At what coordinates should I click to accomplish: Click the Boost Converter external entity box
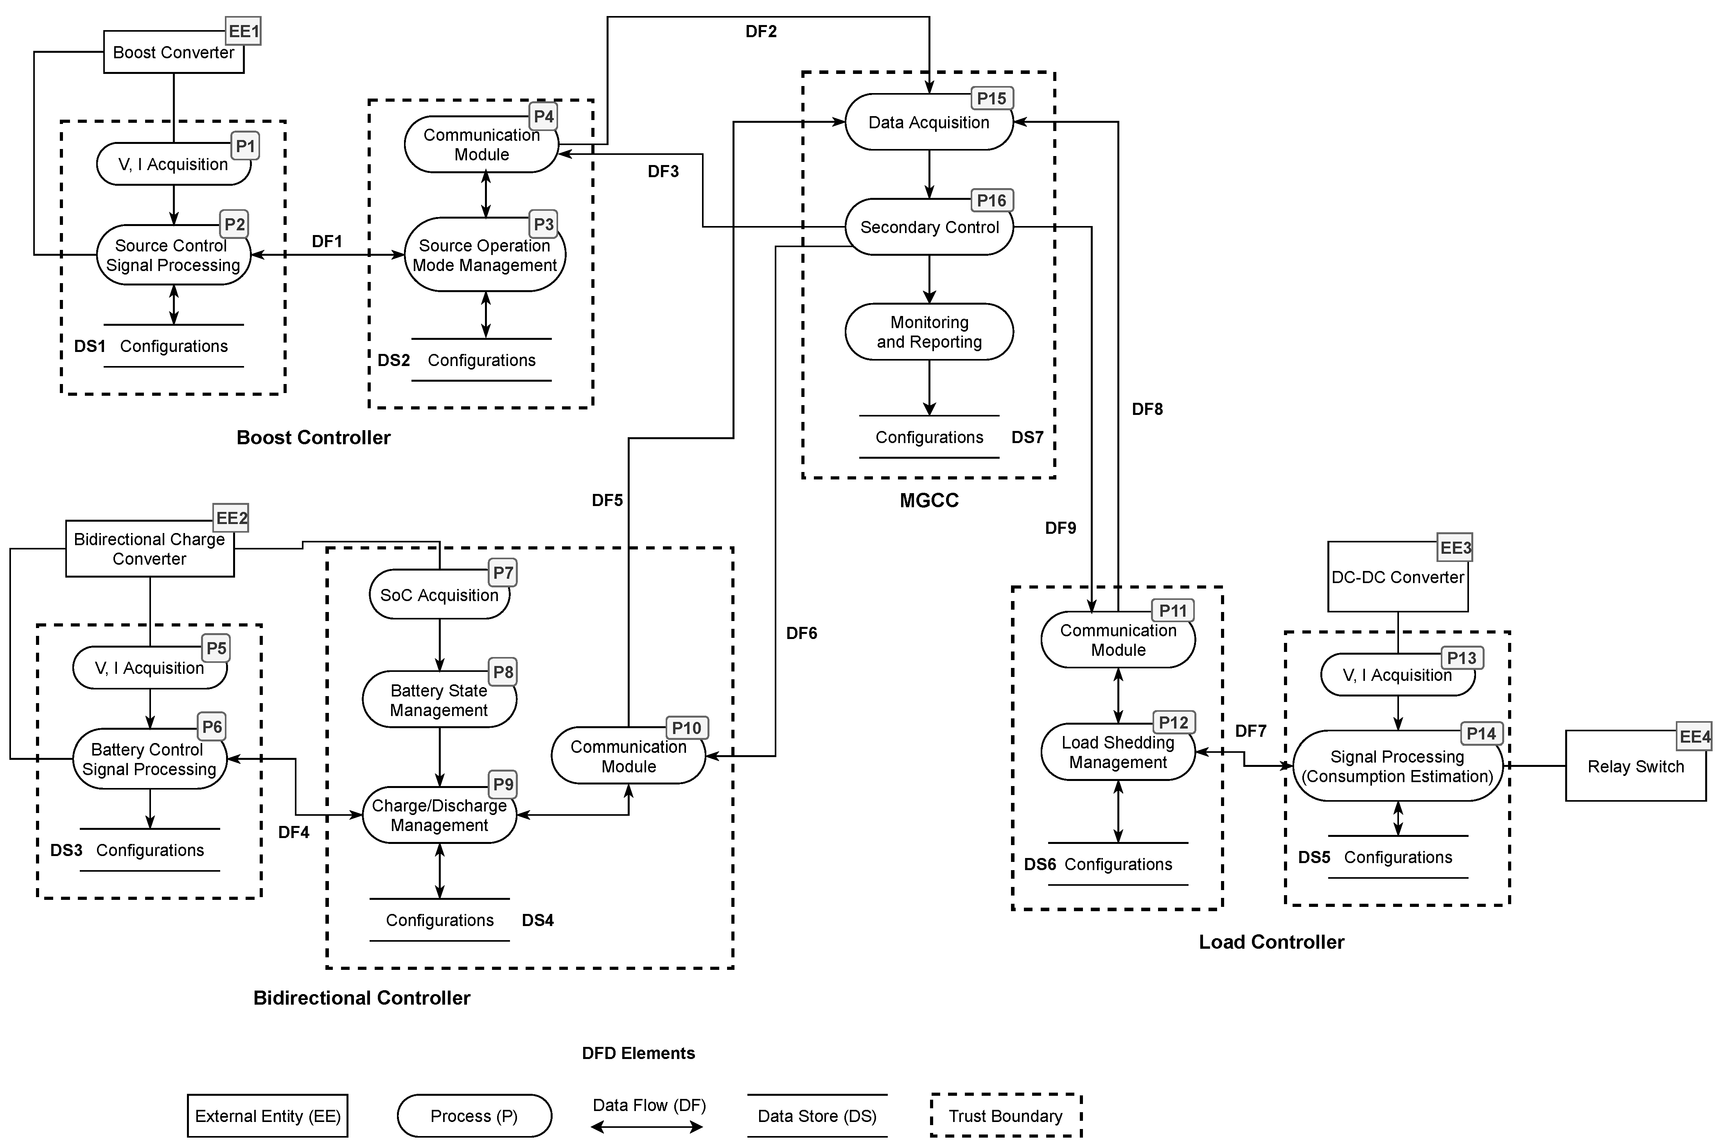(173, 52)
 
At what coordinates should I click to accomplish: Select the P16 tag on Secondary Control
(991, 201)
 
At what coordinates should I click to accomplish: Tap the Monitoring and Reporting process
(929, 332)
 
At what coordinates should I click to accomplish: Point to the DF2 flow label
(761, 31)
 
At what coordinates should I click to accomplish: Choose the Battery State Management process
(439, 700)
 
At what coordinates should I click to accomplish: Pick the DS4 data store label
(538, 920)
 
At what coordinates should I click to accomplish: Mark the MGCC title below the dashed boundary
(929, 500)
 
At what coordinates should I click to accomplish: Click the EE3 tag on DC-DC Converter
(1455, 548)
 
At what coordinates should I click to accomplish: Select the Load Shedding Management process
(1118, 752)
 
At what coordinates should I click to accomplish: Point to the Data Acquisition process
(929, 122)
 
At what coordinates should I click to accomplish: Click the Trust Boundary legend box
(1006, 1116)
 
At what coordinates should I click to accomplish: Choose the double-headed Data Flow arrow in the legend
(647, 1127)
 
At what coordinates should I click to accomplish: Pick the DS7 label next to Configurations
(1027, 438)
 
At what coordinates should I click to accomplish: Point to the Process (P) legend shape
(474, 1116)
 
